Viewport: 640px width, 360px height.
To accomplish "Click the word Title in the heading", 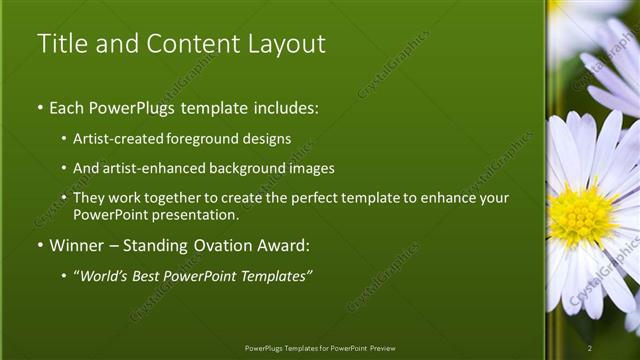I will (58, 44).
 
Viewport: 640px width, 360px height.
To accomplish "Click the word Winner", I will (77, 245).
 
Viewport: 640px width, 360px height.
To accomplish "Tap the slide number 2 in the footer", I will (590, 347).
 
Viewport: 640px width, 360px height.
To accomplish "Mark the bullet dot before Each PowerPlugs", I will (40, 106).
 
